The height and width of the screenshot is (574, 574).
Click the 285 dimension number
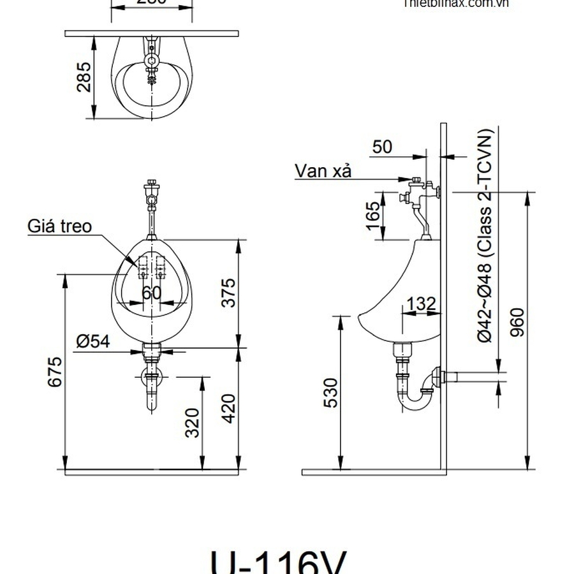point(84,76)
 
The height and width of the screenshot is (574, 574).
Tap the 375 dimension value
point(228,292)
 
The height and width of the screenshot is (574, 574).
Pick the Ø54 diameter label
point(93,341)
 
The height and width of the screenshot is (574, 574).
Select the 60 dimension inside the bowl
point(151,293)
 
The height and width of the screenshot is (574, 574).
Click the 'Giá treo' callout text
point(59,226)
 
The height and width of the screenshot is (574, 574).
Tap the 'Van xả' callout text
point(323,170)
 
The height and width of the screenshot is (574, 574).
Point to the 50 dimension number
point(382,147)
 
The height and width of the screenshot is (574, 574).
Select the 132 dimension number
point(420,304)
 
